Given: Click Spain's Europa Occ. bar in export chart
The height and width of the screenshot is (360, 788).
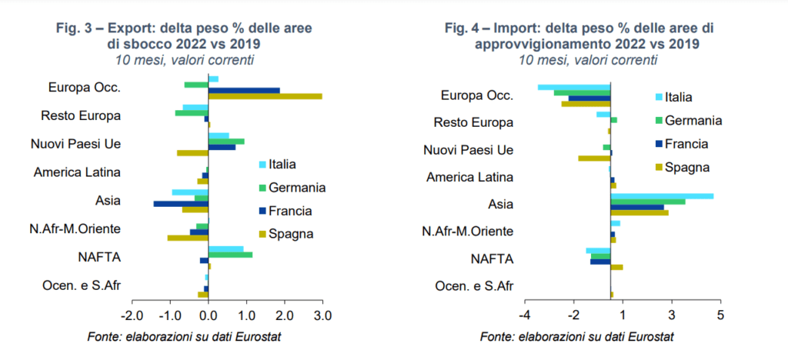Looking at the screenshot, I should pos(265,96).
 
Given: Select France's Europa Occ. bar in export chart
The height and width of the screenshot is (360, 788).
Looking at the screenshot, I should pos(244,90).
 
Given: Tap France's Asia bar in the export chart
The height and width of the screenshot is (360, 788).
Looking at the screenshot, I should pos(181,204).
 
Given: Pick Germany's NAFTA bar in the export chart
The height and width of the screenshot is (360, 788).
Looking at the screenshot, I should pos(230,255).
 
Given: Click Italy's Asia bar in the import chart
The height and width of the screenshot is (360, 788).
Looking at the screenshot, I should pos(662,196).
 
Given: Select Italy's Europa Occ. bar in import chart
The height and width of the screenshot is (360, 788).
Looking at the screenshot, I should pos(574,87).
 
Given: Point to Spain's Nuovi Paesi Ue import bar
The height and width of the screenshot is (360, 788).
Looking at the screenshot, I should pos(594,158).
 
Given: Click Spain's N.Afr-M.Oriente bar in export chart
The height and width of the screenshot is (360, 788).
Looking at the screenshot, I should pos(188,238).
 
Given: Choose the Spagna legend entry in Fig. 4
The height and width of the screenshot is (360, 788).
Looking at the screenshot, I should pos(683,167).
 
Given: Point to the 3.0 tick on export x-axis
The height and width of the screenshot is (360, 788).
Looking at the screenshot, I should pos(322,316).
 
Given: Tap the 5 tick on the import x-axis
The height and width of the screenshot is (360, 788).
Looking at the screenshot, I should pos(720,315).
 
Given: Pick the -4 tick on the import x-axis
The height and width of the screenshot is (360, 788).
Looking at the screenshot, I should pos(525,315).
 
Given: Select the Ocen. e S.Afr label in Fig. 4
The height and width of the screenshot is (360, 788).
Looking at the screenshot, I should pos(474,286).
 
